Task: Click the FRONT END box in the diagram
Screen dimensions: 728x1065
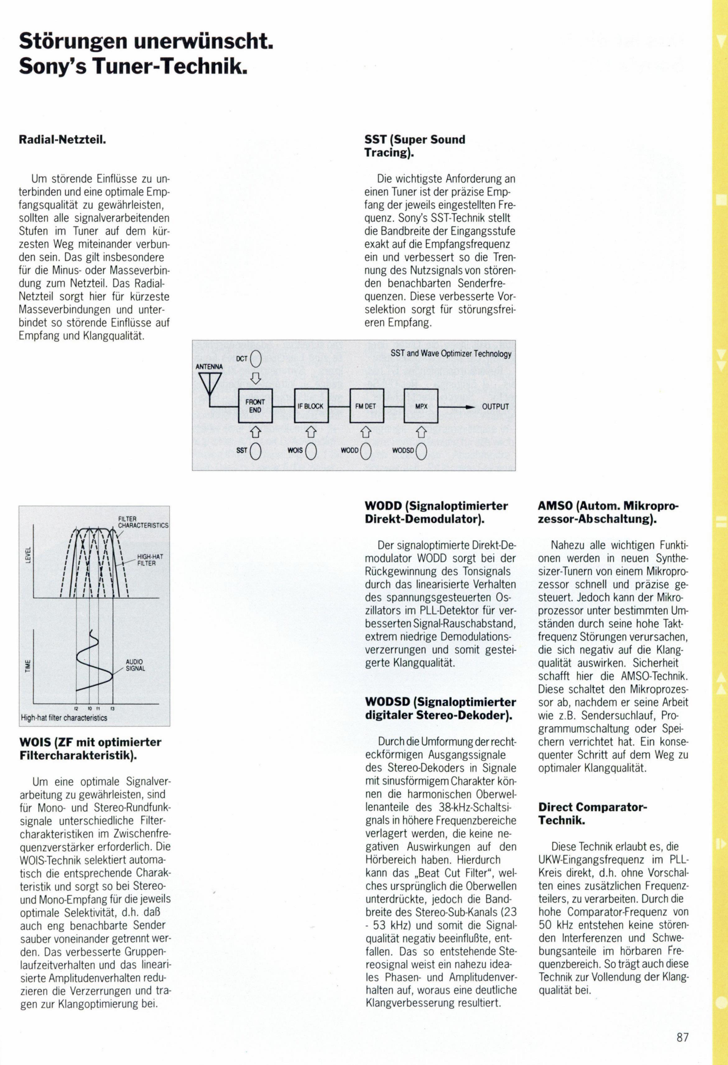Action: pyautogui.click(x=255, y=406)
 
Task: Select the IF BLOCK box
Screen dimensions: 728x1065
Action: pyautogui.click(x=311, y=406)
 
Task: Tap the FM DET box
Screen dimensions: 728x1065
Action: pyautogui.click(x=366, y=406)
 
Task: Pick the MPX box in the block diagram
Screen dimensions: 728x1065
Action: pyautogui.click(x=421, y=406)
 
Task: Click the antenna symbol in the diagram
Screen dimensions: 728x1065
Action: pyautogui.click(x=210, y=383)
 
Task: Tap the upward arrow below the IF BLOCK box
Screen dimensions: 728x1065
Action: pyautogui.click(x=311, y=432)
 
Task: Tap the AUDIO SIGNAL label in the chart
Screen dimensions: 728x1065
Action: pyautogui.click(x=135, y=665)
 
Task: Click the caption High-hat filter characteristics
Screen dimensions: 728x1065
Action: pyautogui.click(x=64, y=718)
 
